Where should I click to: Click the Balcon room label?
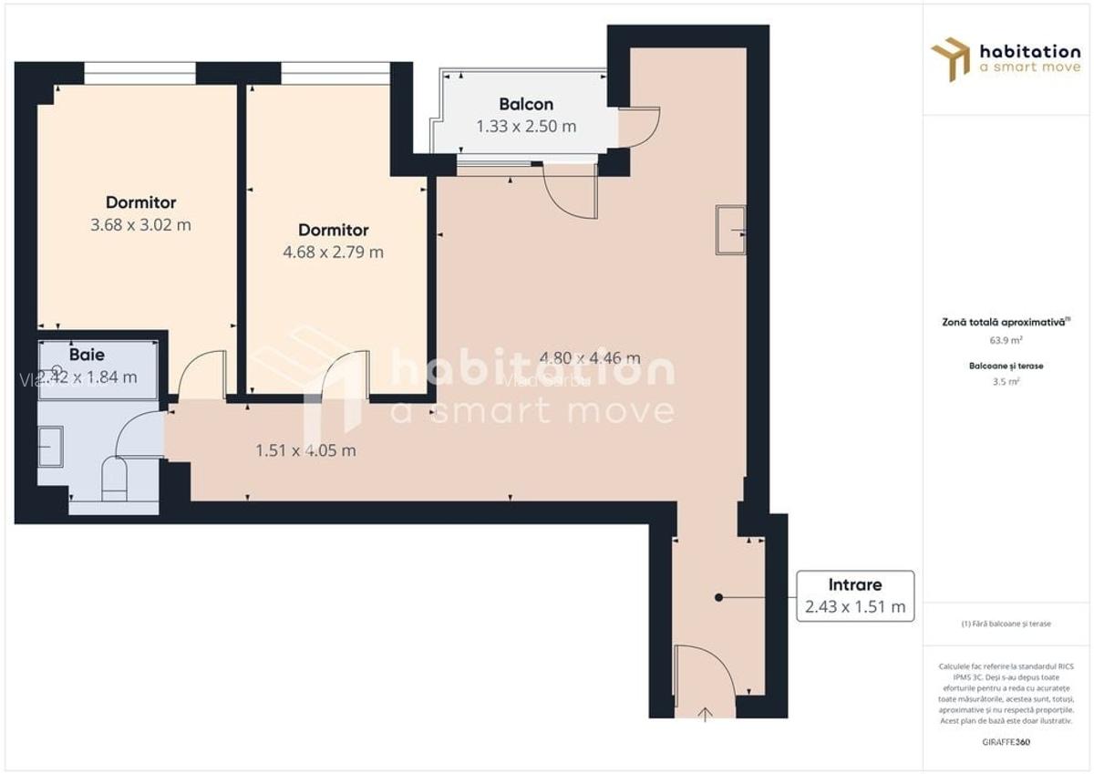526,104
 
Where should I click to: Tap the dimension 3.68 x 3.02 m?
141,224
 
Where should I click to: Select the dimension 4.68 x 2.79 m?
334,252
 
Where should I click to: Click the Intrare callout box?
855,596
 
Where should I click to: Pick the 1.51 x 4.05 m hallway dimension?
305,449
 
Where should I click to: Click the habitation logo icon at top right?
950,58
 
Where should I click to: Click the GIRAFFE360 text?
1006,741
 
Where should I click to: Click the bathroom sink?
51,446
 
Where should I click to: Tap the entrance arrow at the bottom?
706,713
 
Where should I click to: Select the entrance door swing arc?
702,670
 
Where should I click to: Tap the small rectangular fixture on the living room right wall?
730,231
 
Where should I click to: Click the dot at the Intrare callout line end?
718,598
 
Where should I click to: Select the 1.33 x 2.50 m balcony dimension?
526,127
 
